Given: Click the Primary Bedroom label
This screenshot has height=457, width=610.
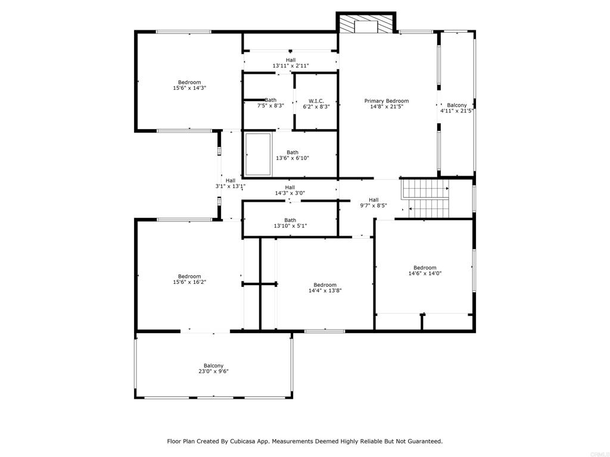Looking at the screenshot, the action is click(x=386, y=101).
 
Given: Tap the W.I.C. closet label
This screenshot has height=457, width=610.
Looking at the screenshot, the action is click(x=316, y=101).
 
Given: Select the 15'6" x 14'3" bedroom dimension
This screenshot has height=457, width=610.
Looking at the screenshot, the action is click(x=189, y=88).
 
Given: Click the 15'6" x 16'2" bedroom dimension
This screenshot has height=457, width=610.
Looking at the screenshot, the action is click(x=189, y=281).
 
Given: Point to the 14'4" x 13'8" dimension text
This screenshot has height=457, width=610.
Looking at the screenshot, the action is click(x=325, y=290).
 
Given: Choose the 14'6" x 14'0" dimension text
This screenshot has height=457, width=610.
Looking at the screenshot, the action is click(x=425, y=273).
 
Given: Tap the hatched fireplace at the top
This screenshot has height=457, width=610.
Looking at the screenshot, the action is click(x=366, y=24).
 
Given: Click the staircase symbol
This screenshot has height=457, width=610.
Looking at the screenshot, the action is click(x=425, y=198).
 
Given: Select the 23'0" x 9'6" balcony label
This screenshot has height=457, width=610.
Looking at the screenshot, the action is click(x=214, y=368).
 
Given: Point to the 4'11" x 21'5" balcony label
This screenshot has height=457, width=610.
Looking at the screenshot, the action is click(x=457, y=108).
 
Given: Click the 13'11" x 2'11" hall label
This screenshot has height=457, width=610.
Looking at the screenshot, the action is click(x=291, y=63).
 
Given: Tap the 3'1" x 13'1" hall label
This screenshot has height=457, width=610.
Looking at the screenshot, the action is click(x=231, y=183).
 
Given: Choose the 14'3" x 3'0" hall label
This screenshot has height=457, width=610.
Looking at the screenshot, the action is click(x=290, y=190).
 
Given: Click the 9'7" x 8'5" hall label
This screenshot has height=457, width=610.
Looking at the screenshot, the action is click(x=374, y=203).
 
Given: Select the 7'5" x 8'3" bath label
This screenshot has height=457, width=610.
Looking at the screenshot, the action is click(x=270, y=102).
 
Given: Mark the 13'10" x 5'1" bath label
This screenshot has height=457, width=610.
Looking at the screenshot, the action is click(x=290, y=223).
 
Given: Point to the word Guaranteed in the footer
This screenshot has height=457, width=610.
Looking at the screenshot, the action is click(x=426, y=441).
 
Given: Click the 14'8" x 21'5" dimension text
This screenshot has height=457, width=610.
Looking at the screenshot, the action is click(x=386, y=107).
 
